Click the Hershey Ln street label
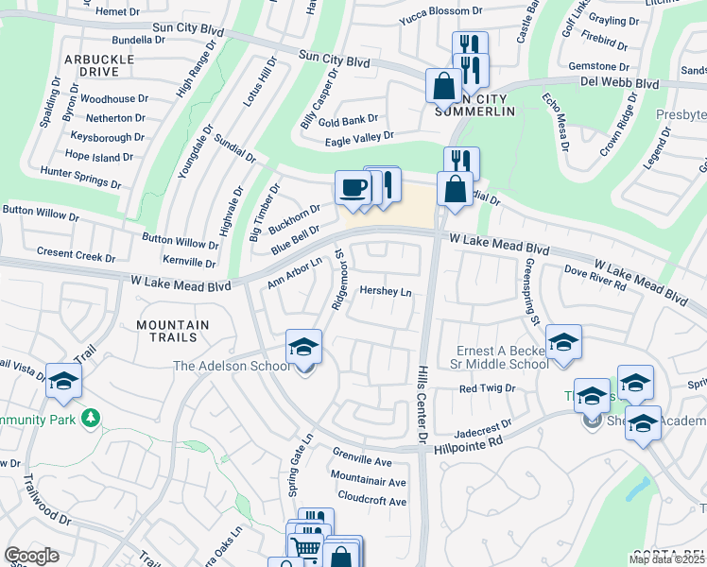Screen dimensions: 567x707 (x=386, y=293)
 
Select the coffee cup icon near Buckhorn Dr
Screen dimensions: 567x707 (x=353, y=187)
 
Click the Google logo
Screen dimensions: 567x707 (x=31, y=556)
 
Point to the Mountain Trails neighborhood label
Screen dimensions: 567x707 (x=173, y=330)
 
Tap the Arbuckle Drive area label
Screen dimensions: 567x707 (x=97, y=65)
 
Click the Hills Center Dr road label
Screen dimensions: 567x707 (x=422, y=403)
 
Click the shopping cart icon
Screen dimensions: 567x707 (x=304, y=545)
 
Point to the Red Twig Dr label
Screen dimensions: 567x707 (x=487, y=388)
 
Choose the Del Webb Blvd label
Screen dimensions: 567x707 (x=620, y=83)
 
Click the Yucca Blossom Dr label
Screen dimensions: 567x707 (x=440, y=19)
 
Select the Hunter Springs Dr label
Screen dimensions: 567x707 (x=80, y=173)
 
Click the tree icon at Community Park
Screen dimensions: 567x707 (x=91, y=417)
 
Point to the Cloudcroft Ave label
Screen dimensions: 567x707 (x=371, y=497)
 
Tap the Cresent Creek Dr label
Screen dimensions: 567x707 (x=76, y=255)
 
